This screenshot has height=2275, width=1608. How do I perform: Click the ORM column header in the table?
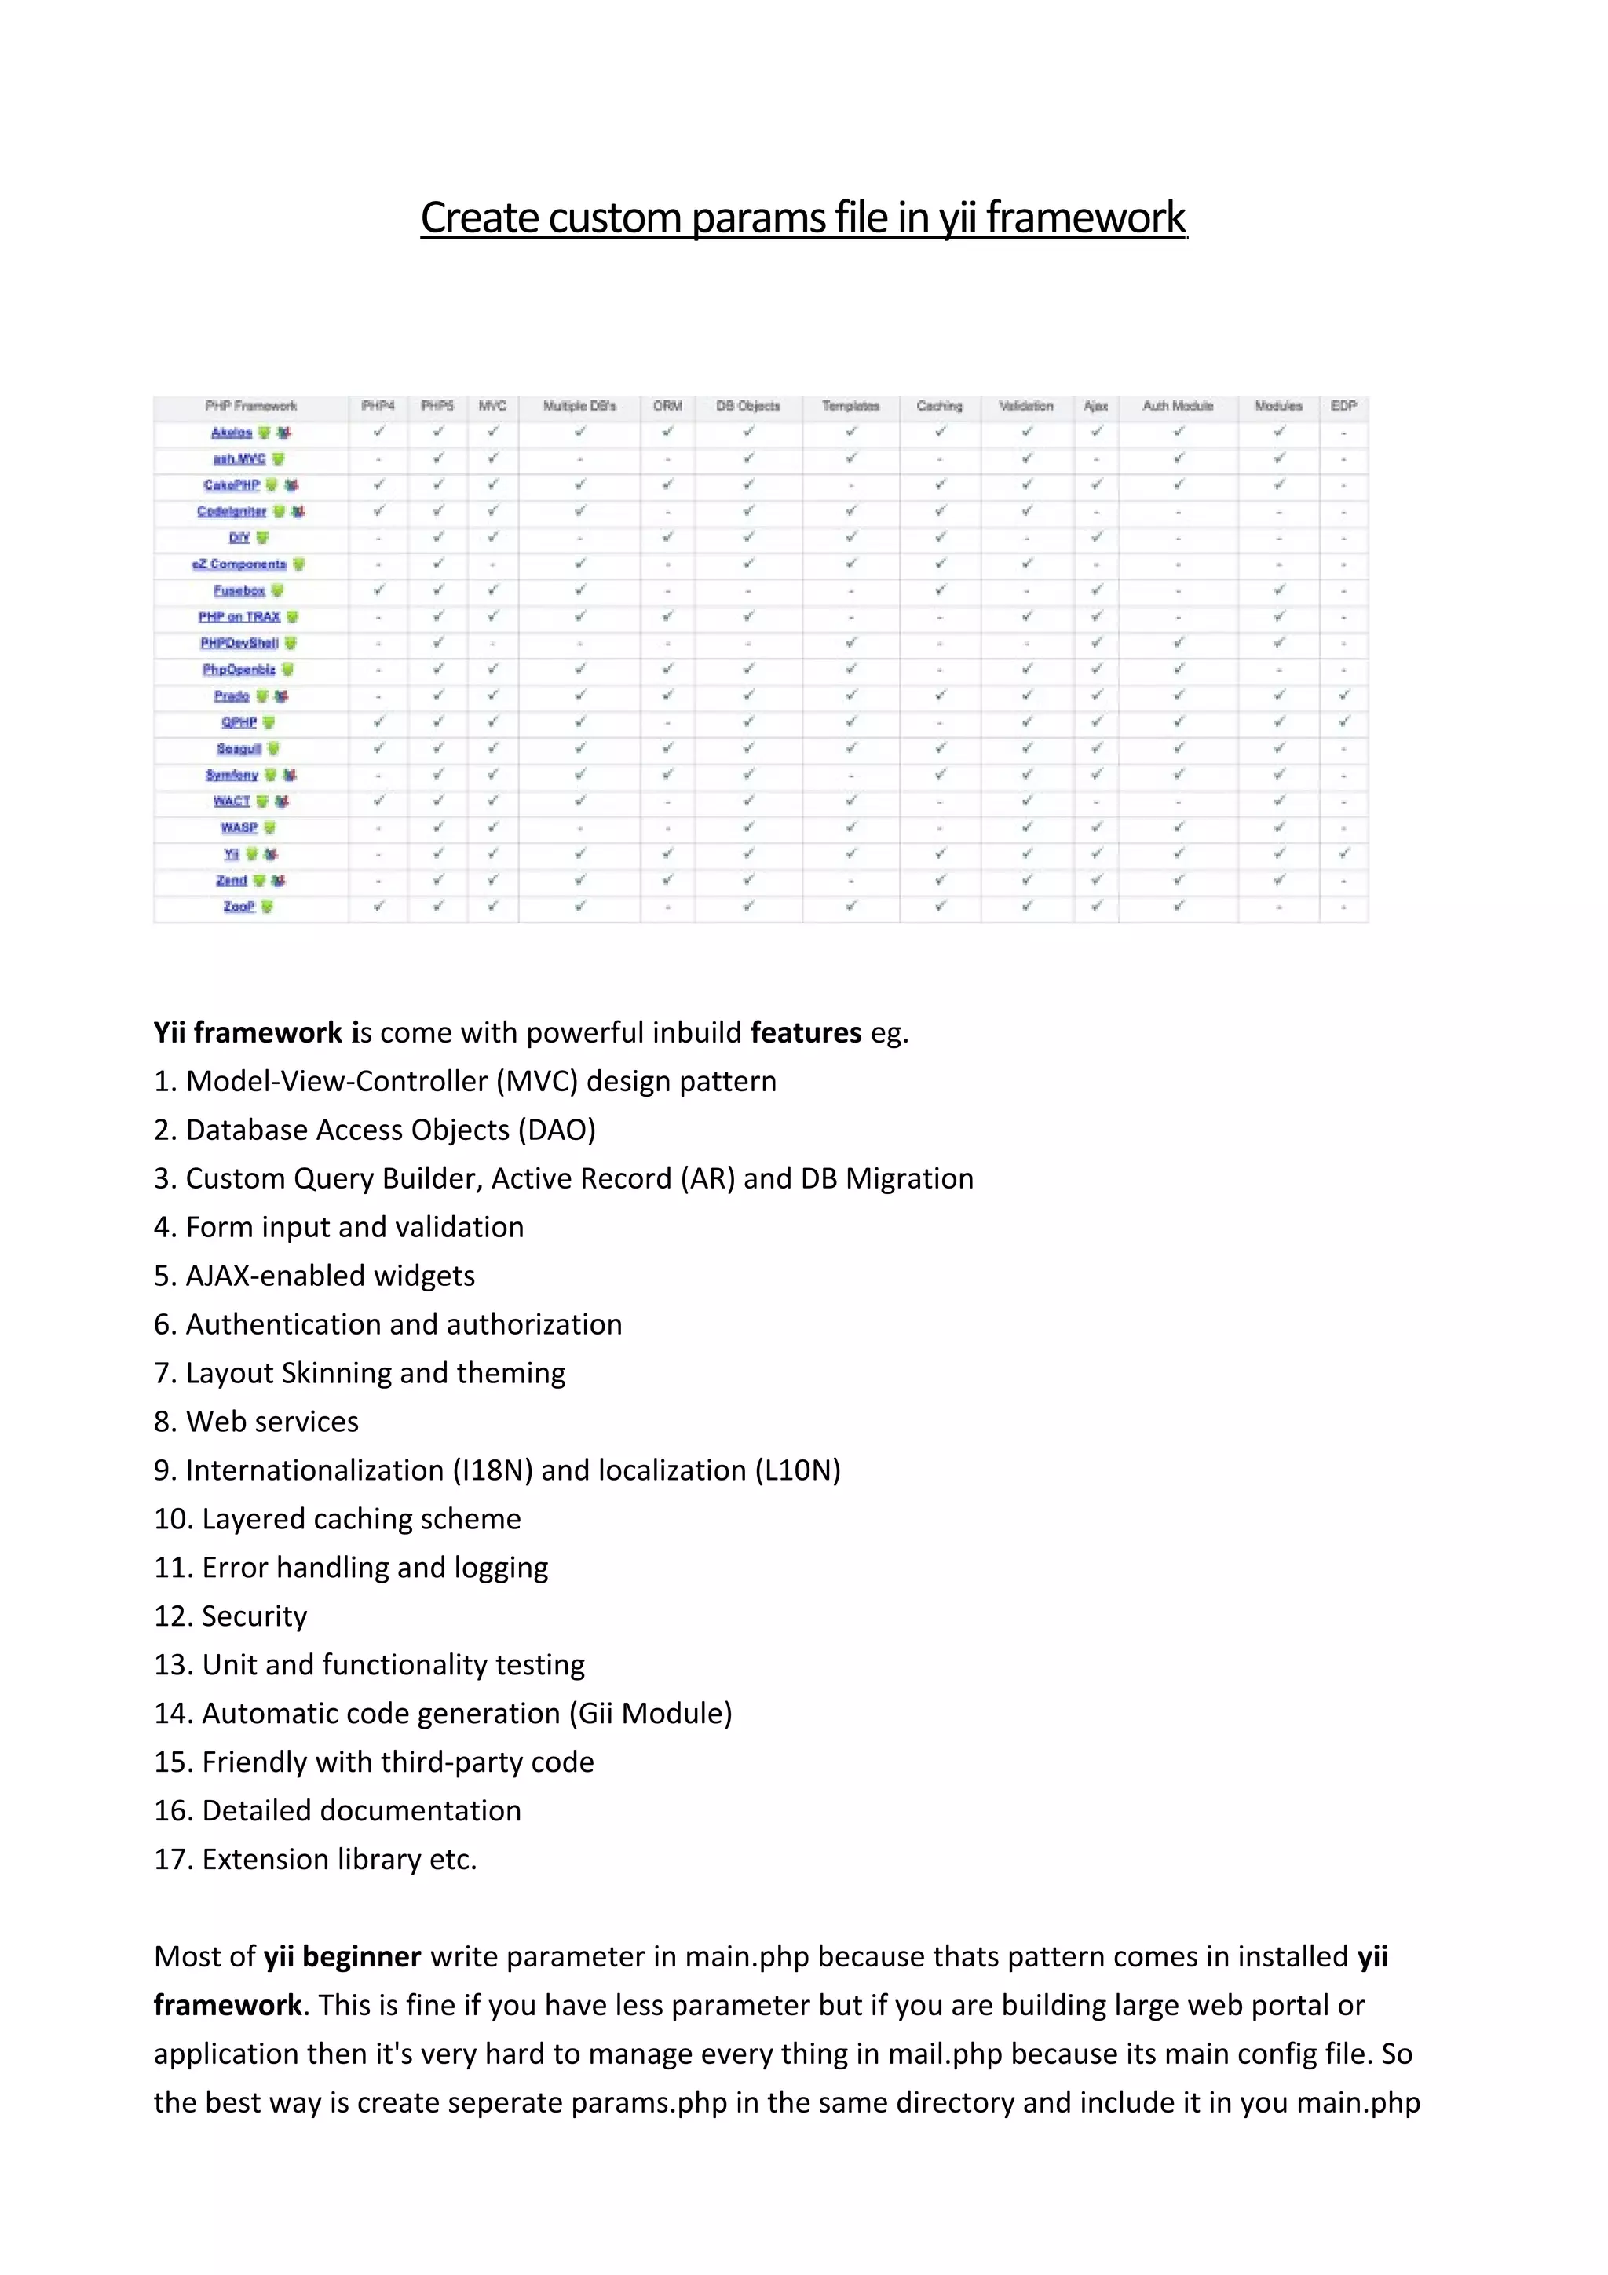tap(667, 407)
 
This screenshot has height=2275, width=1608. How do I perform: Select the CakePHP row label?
tap(232, 485)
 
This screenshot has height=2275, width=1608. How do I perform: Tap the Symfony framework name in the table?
tap(232, 775)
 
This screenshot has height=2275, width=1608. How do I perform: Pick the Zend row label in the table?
tap(232, 880)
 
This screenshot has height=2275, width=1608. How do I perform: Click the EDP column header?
tap(1343, 407)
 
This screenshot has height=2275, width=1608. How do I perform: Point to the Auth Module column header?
tap(1177, 407)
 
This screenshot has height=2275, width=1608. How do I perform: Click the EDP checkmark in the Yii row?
tap(1343, 853)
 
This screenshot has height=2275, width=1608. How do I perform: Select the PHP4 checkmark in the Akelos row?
tap(378, 432)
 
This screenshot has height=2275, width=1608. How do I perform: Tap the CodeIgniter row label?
tap(232, 511)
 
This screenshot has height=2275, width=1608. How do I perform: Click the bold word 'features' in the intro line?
tap(806, 1032)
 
